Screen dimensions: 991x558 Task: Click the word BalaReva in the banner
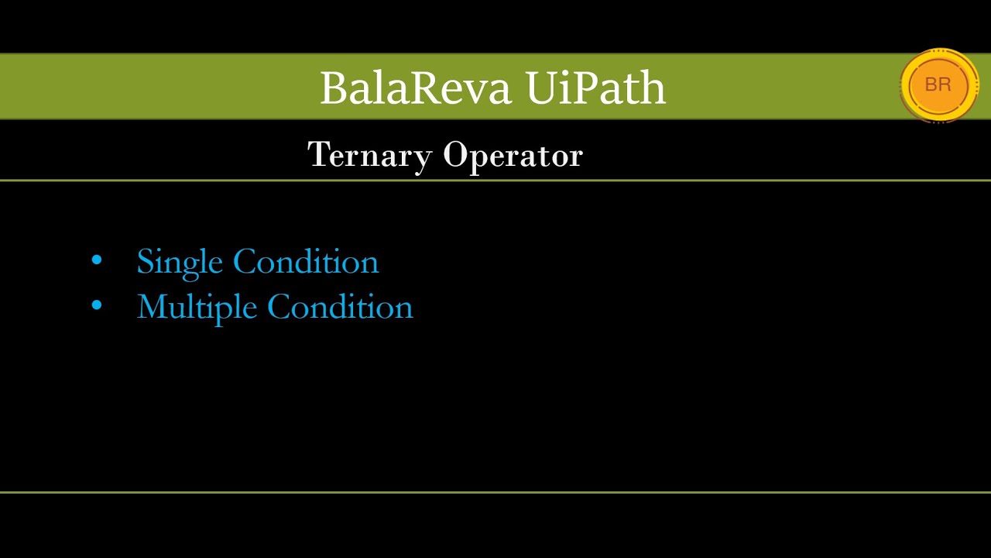(x=416, y=88)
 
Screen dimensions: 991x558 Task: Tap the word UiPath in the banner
(x=596, y=88)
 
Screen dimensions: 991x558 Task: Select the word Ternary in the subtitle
(x=370, y=156)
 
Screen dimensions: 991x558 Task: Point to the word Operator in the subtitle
(x=513, y=156)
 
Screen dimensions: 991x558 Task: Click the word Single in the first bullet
(x=180, y=263)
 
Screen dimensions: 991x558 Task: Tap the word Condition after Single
(x=306, y=261)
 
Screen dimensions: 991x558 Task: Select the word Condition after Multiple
(x=340, y=306)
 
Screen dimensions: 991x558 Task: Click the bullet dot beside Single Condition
(x=97, y=260)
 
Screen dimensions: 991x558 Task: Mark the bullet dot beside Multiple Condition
(x=97, y=305)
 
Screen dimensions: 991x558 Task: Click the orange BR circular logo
(x=939, y=85)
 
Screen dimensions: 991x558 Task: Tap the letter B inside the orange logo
(x=931, y=84)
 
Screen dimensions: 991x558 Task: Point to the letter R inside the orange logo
(x=945, y=84)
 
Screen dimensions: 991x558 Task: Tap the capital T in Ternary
(x=320, y=153)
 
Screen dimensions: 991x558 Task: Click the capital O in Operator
(x=456, y=154)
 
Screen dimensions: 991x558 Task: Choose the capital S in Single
(x=146, y=261)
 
